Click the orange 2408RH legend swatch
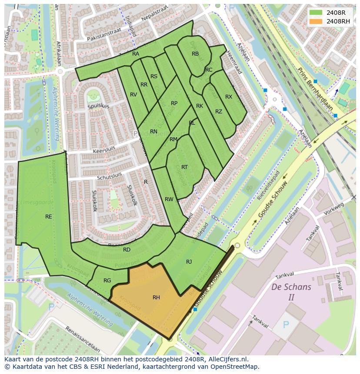click(x=316, y=21)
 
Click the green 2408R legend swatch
click(x=316, y=13)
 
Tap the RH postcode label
click(x=156, y=298)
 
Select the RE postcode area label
click(x=49, y=217)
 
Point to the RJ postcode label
click(x=189, y=262)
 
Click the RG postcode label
click(x=107, y=281)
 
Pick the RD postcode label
click(x=127, y=250)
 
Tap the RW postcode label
click(x=169, y=199)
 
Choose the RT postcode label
click(x=184, y=167)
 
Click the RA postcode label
click(x=136, y=54)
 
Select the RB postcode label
click(x=195, y=54)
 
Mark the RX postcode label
click(x=229, y=97)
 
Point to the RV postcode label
click(x=133, y=95)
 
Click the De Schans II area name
click(x=291, y=292)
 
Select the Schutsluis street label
click(x=110, y=176)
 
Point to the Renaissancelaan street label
click(x=83, y=343)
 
